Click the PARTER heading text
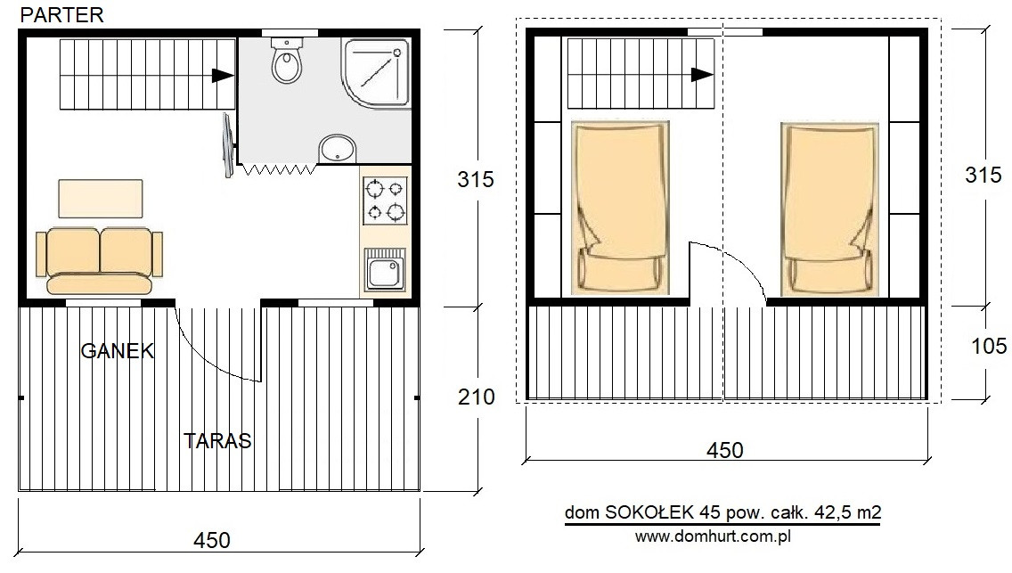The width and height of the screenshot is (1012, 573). [x=62, y=15]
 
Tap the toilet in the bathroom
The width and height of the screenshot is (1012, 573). [x=287, y=61]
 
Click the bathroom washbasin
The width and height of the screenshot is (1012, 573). [x=338, y=149]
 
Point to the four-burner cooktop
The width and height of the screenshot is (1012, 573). [x=386, y=200]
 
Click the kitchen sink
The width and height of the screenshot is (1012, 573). [x=385, y=270]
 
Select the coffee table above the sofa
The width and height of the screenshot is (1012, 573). [x=101, y=199]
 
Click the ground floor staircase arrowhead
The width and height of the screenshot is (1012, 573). [x=223, y=75]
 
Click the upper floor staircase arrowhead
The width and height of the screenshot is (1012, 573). [x=702, y=75]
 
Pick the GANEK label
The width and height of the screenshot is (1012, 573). [x=118, y=351]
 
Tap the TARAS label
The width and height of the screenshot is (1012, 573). [x=217, y=441]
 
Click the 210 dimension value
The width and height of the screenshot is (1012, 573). [x=477, y=397]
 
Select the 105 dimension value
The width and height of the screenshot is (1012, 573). [x=989, y=347]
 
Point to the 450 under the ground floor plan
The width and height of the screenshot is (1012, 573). [x=212, y=540]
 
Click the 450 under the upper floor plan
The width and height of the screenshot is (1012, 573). [x=725, y=450]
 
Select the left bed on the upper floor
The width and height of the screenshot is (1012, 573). [x=620, y=208]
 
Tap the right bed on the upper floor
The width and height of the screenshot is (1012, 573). [x=829, y=209]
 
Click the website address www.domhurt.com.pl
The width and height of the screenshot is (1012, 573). [x=714, y=536]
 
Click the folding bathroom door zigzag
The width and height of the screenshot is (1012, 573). [x=279, y=169]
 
